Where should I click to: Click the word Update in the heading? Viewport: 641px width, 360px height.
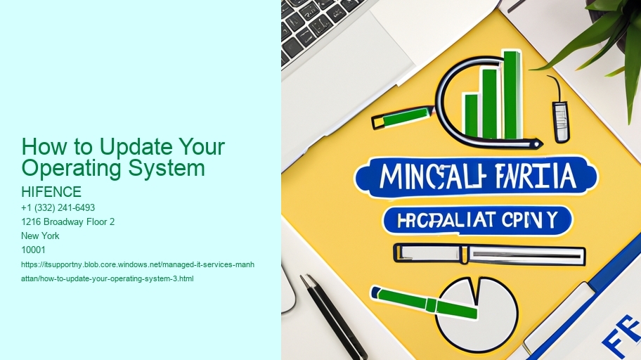point(126,147)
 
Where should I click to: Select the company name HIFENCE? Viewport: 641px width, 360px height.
point(52,192)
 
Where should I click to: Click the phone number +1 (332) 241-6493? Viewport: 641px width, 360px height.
point(59,207)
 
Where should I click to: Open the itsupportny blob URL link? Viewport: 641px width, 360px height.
point(138,271)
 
